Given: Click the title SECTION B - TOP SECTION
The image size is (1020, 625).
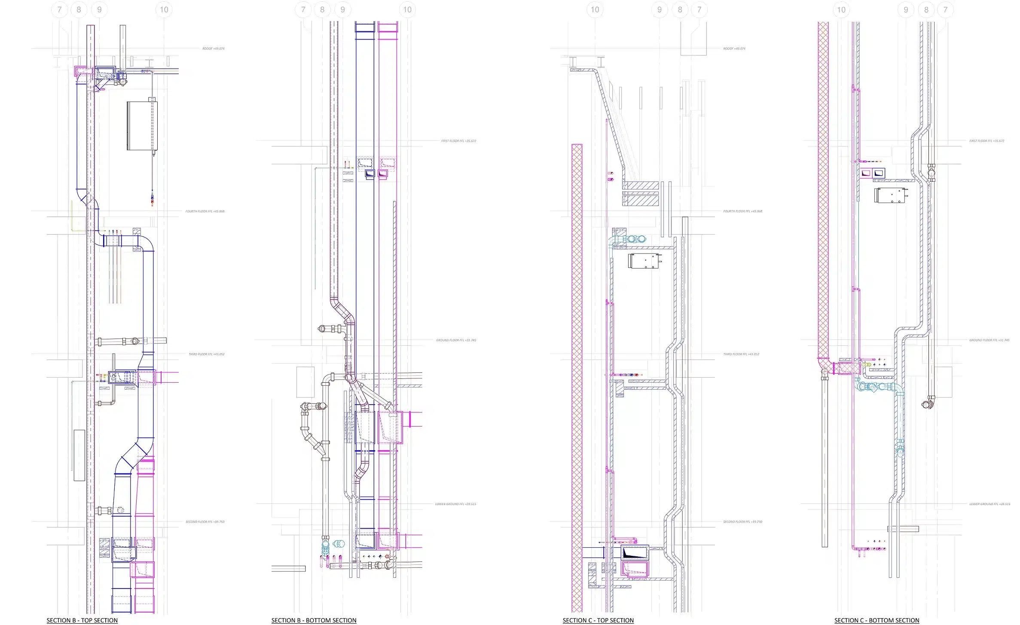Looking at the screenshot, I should click(82, 620).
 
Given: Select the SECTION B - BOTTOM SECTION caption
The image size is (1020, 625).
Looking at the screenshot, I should click(314, 620).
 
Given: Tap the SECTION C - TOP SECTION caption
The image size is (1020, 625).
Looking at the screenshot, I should click(598, 620).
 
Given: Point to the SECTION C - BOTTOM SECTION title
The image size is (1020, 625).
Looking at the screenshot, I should click(876, 620).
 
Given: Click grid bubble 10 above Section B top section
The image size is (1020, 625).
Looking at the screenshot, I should click(164, 9).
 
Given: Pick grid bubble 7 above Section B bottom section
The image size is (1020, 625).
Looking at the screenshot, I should click(303, 9).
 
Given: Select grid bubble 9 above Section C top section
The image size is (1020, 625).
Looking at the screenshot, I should click(660, 9).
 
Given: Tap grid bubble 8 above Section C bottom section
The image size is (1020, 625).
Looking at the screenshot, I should click(926, 9).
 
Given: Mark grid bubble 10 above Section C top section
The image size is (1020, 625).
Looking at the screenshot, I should click(595, 9).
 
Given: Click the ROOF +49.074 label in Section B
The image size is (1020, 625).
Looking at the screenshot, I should click(213, 49).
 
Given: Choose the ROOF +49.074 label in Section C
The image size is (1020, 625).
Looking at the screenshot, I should click(734, 49).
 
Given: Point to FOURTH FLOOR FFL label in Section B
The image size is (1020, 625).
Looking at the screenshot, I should click(205, 211).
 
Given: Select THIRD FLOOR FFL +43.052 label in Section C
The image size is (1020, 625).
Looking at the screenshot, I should click(741, 354).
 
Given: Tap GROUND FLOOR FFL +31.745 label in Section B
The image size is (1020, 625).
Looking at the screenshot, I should click(456, 340).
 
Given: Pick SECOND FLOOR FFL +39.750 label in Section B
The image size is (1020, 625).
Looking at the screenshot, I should click(205, 522).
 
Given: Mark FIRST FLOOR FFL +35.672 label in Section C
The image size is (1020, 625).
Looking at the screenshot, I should click(986, 141).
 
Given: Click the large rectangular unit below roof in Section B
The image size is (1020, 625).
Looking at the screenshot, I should click(142, 125).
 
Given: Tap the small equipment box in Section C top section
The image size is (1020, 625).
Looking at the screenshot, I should click(644, 261).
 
